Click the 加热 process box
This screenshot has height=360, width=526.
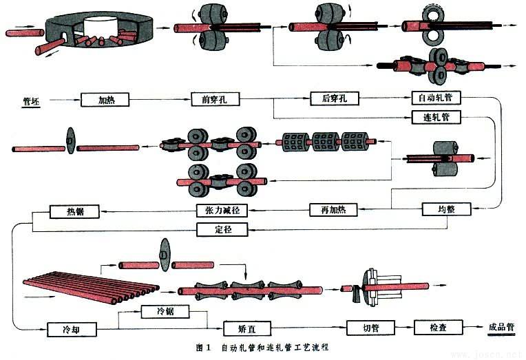coord(107,99)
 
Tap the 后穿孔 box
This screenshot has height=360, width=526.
coord(335,98)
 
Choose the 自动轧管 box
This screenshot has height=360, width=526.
coord(436,98)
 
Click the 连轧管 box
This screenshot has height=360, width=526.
coord(436,116)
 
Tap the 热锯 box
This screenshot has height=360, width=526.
coord(74,210)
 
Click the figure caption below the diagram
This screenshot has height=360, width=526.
coord(262,348)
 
